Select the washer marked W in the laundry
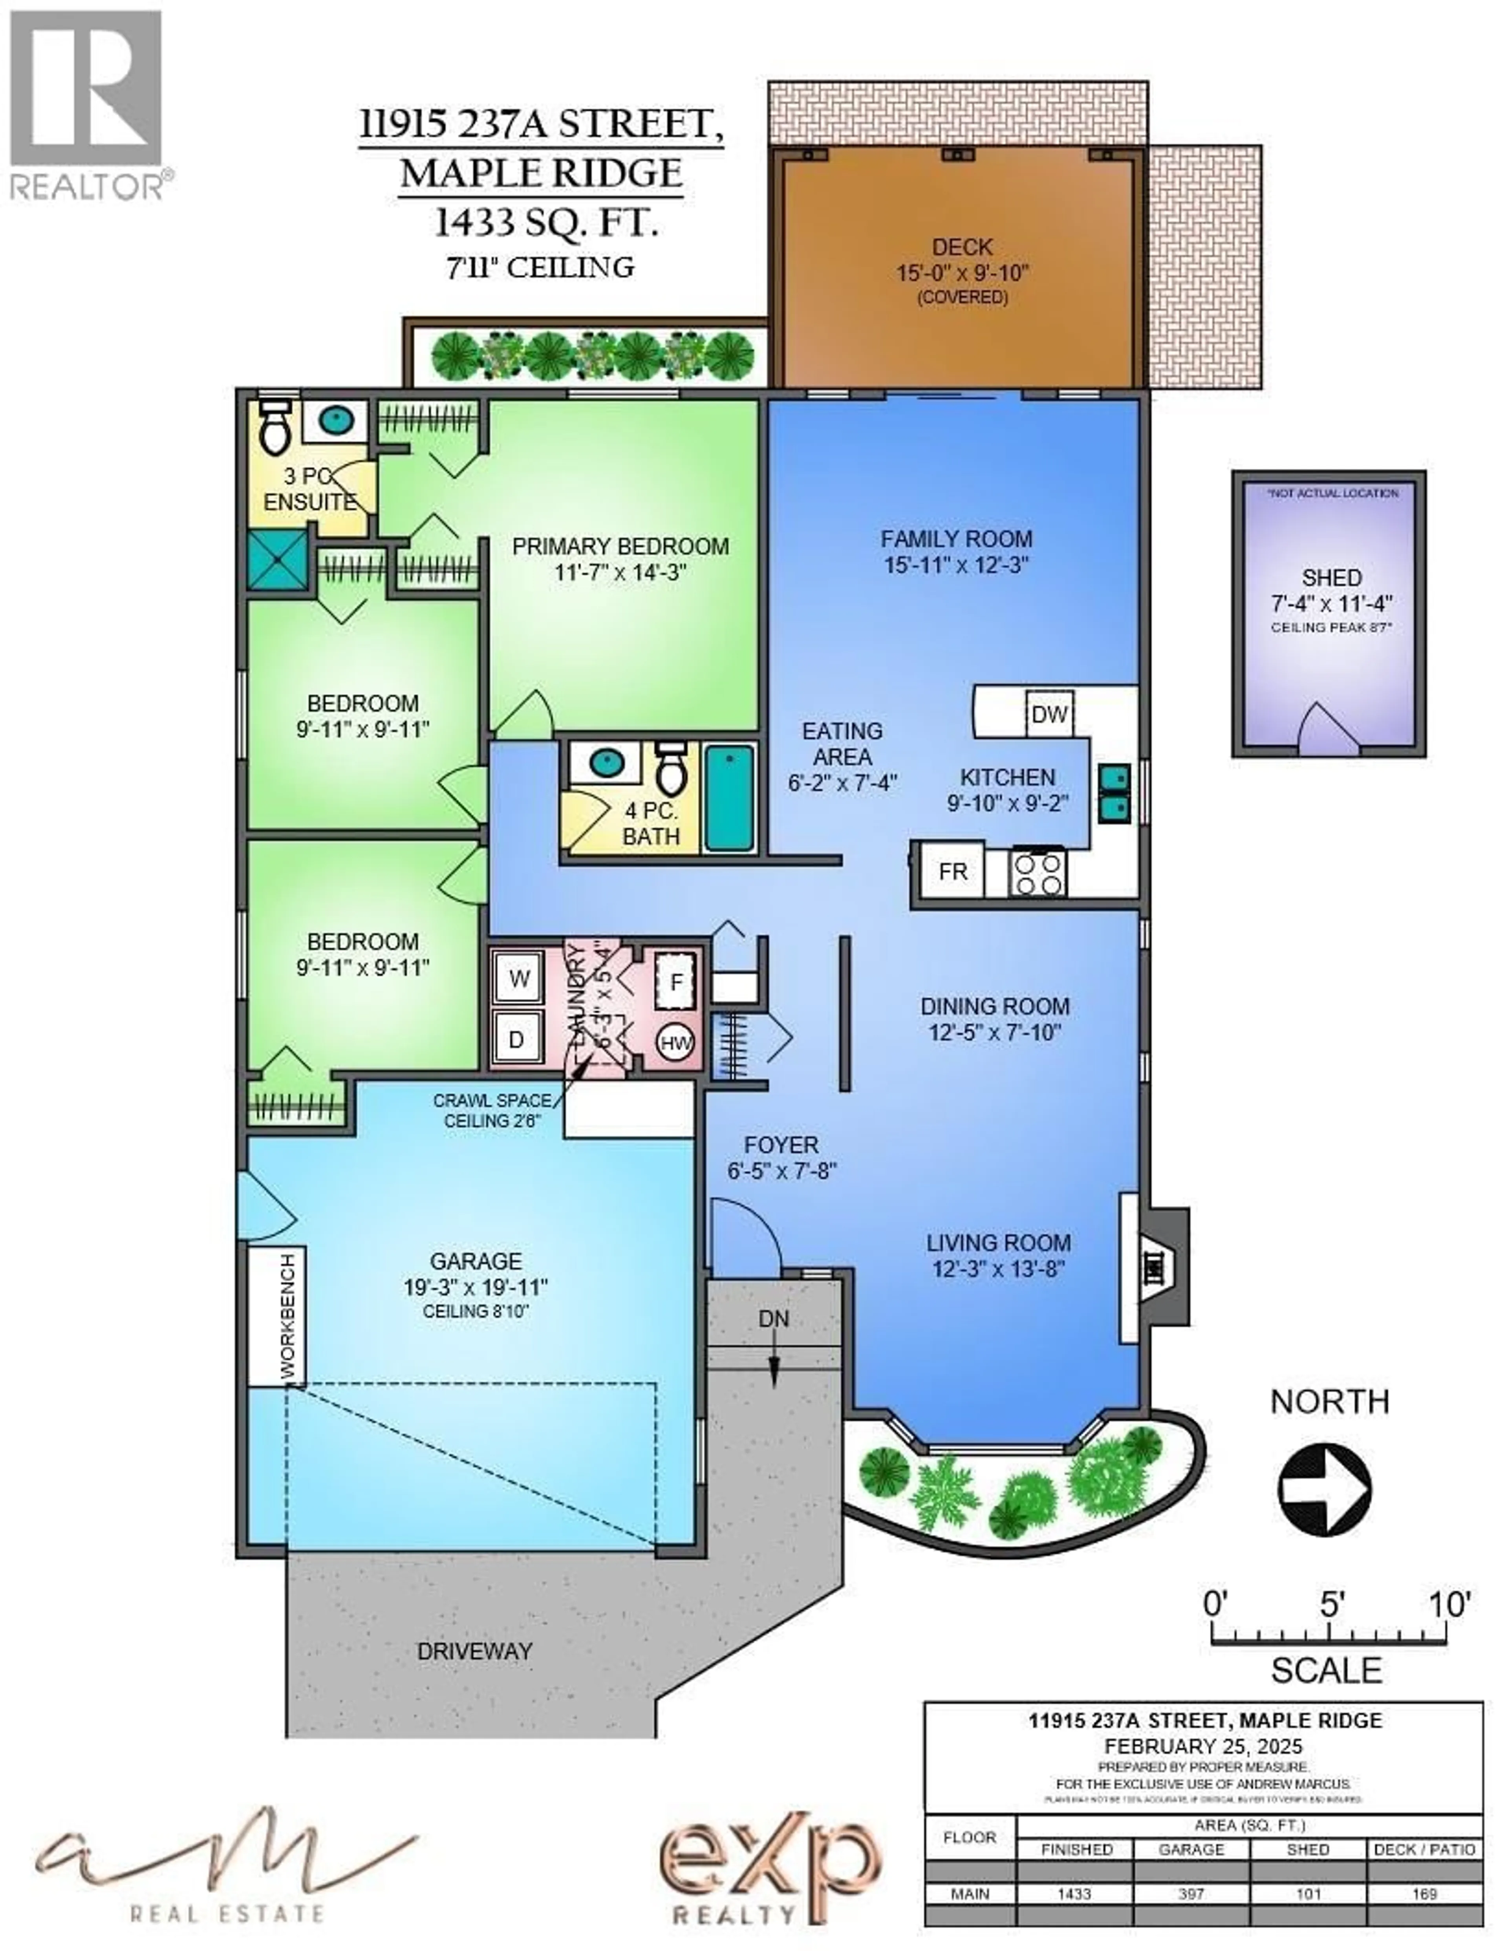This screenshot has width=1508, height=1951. click(519, 978)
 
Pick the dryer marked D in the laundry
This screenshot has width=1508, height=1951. click(516, 1039)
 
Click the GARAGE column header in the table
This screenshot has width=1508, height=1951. click(1191, 1849)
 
